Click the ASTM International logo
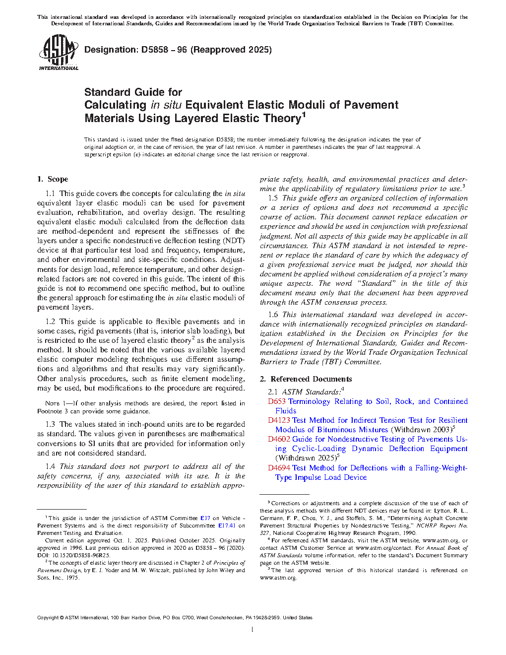tap(58, 52)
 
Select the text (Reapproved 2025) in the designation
tap(231, 50)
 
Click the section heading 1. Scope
tap(53, 179)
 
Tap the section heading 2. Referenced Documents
tap(306, 379)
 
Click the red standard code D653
tap(276, 401)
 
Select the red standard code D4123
tap(279, 420)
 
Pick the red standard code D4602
tap(279, 439)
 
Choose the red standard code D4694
tap(279, 468)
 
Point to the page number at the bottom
tap(253, 630)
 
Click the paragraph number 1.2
tap(50, 322)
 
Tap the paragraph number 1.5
tap(273, 198)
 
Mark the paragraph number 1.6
tap(273, 315)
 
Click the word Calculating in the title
tap(115, 105)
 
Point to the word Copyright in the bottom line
tap(48, 618)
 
